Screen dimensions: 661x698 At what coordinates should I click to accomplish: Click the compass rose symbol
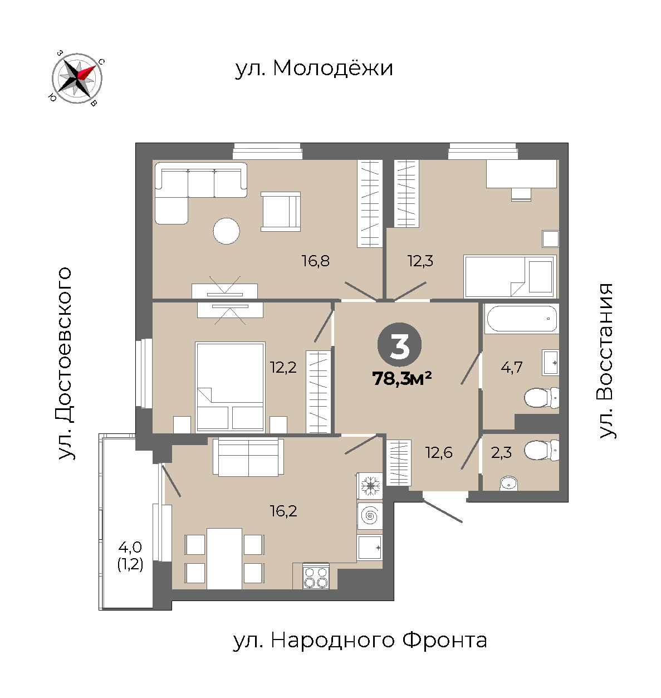tap(77, 79)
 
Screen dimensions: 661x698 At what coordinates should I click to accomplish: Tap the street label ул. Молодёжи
tap(314, 68)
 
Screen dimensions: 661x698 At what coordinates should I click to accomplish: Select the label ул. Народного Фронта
tap(360, 641)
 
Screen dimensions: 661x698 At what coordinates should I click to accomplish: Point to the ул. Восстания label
tap(607, 361)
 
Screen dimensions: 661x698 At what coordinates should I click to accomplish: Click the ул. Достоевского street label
tap(65, 364)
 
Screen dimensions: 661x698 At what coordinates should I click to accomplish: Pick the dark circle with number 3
tap(399, 345)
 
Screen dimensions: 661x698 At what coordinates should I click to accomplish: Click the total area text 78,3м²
tap(402, 378)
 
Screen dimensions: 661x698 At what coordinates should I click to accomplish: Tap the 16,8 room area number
tap(316, 261)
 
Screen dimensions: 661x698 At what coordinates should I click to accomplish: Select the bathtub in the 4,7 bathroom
tap(522, 319)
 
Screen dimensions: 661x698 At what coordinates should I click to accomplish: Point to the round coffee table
tap(227, 231)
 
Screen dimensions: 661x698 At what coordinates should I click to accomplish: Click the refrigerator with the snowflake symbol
tap(370, 485)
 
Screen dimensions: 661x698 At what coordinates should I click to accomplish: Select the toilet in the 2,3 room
tap(541, 450)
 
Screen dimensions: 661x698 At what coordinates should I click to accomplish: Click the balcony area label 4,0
tap(130, 547)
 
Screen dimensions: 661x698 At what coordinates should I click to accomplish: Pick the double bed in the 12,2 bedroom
tap(230, 387)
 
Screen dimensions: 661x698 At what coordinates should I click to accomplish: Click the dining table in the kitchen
tap(224, 559)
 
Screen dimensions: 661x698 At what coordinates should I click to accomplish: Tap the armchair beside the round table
tap(281, 212)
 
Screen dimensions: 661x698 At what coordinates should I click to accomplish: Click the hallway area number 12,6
tap(439, 453)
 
